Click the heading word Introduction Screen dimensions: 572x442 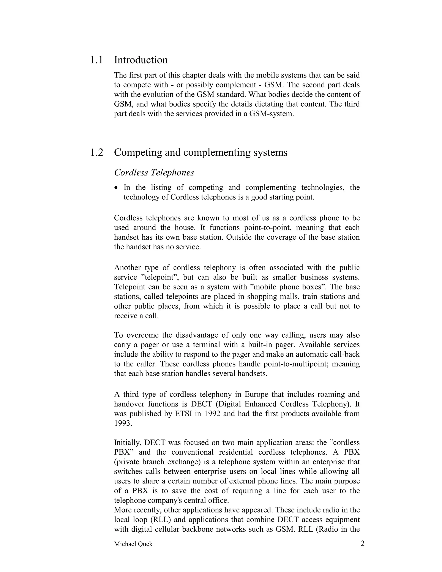pyautogui.click(x=141, y=60)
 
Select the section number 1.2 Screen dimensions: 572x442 pyautogui.click(x=97, y=152)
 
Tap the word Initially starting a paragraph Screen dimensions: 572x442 pyautogui.click(x=128, y=443)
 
